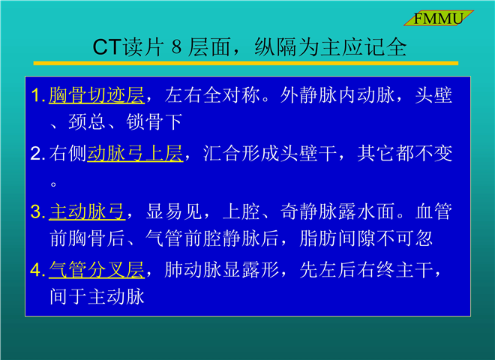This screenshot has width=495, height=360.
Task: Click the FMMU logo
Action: point(439,18)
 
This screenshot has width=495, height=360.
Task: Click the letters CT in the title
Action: point(106,47)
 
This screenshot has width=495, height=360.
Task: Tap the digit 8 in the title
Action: point(177,47)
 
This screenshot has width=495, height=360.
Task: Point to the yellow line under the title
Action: point(246,64)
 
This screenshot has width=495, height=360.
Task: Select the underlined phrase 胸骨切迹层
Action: point(97,95)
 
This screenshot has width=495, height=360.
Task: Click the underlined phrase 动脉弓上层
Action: point(135,154)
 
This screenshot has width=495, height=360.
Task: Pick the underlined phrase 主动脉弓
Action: point(87,211)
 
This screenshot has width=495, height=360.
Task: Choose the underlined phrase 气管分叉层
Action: point(97,270)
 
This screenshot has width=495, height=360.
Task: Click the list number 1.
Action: point(37,95)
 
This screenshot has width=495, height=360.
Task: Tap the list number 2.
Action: point(37,154)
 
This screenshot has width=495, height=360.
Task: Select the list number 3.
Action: point(37,212)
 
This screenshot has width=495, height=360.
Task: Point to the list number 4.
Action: point(37,270)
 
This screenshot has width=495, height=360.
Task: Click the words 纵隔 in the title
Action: point(275,47)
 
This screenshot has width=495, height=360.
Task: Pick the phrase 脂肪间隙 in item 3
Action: point(337,238)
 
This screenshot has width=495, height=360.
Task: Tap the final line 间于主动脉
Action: point(97,297)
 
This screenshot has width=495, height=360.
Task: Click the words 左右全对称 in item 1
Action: point(212,95)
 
